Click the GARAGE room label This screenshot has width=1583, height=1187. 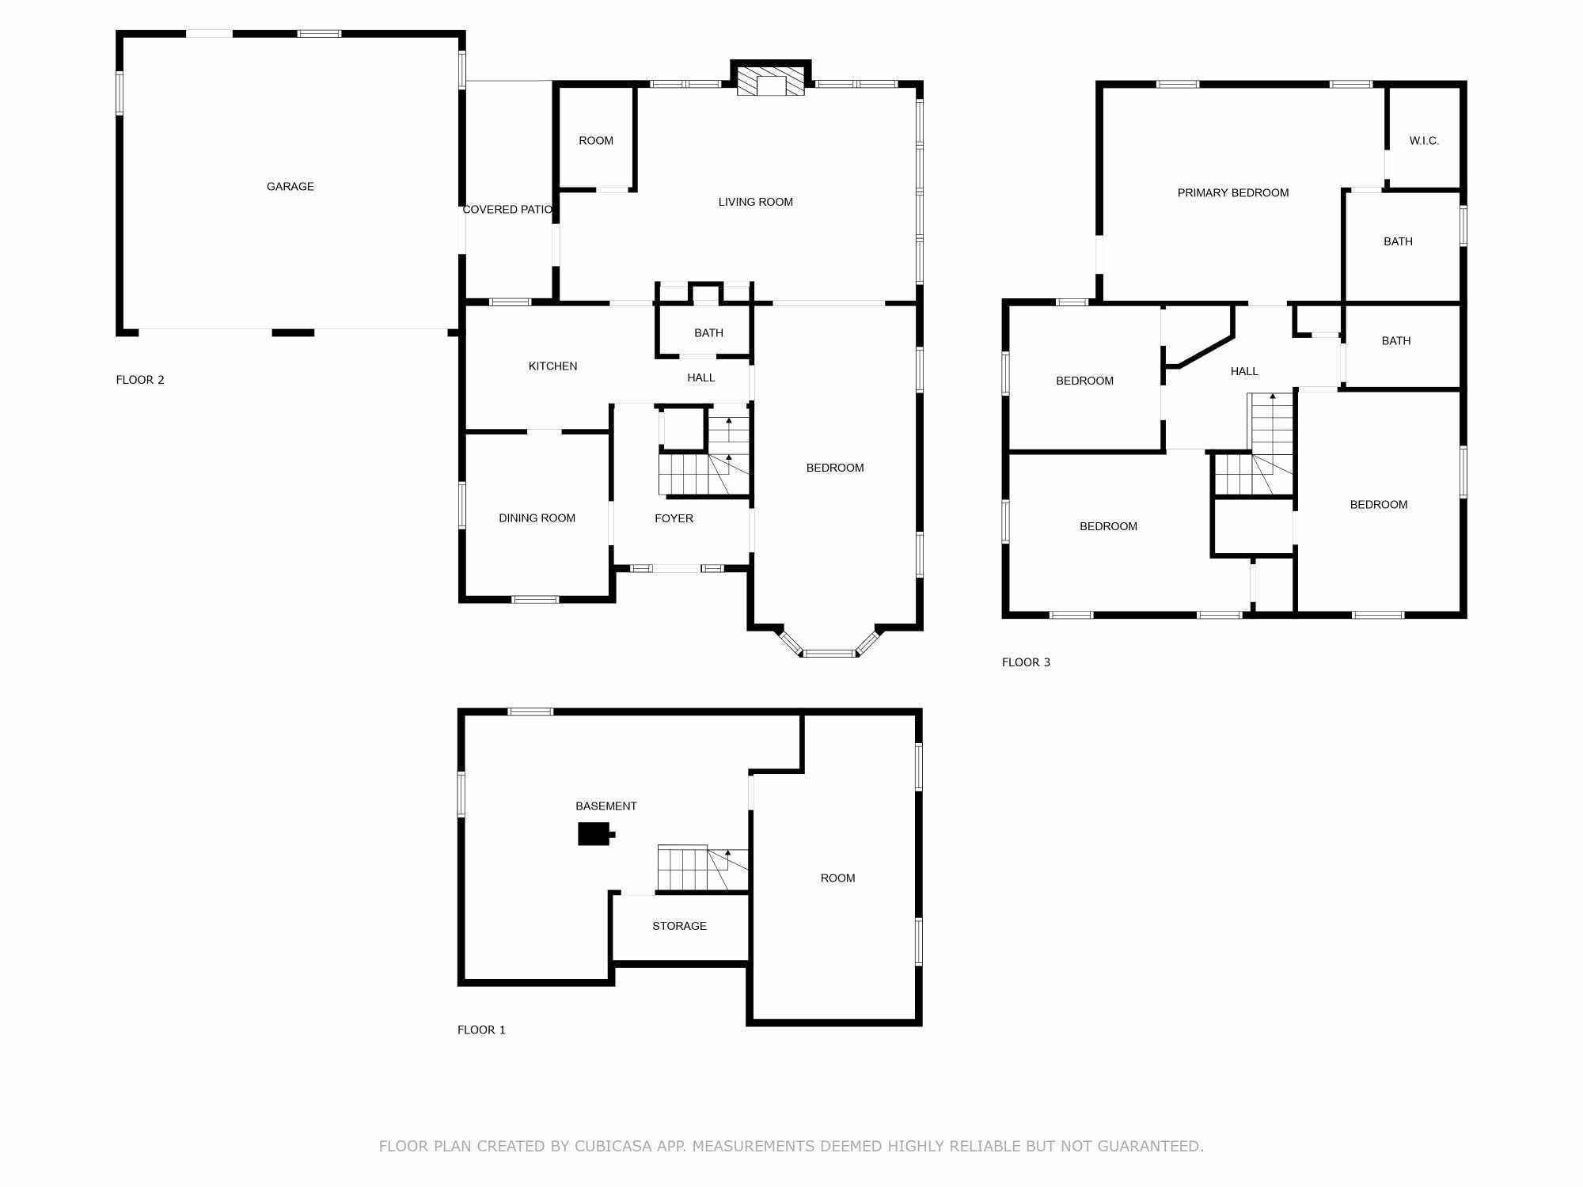coord(290,187)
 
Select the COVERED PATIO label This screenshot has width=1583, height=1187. coord(507,210)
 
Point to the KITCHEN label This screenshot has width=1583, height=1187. coord(552,366)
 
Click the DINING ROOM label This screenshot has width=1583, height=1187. coord(537,518)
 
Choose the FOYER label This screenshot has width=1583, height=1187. coord(674,518)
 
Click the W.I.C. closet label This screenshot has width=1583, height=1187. coord(1424,141)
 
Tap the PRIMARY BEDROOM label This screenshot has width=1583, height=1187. coord(1233,193)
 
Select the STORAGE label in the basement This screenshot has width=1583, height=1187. coord(679,926)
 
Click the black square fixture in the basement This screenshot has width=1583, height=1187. coord(594,834)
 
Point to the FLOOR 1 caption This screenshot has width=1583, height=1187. coord(481,1030)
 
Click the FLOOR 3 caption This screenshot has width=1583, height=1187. coord(1026,662)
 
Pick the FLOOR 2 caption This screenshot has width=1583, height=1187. coord(140,380)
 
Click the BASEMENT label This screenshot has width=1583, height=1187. coord(605,806)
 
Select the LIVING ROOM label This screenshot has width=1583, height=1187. coord(755,203)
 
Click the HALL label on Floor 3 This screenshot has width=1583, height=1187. coord(1244,371)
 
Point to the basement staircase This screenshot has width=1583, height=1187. coord(703,869)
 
